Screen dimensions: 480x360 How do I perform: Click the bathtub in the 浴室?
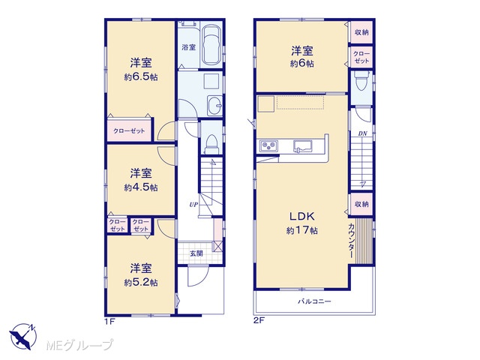coord(211,45)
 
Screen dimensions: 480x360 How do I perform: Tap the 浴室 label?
coord(188,47)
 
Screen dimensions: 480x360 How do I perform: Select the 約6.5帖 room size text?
coord(141,76)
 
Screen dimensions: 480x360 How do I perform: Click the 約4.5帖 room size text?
coord(141,187)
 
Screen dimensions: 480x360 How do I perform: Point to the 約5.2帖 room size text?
coord(141,282)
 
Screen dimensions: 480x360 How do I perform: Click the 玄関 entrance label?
coord(196,253)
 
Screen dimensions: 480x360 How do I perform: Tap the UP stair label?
coord(193,205)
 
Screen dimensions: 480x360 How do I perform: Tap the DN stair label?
coord(363,133)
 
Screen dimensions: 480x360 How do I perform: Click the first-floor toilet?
coord(211,143)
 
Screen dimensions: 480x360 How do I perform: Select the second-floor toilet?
coord(361,81)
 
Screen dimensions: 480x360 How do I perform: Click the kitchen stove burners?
coord(268,145)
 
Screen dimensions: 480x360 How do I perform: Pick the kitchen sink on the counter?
coord(302,145)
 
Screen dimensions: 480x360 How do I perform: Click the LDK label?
coord(302,217)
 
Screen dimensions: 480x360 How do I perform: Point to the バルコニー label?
coord(315,301)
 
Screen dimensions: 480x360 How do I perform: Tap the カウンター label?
coord(352,241)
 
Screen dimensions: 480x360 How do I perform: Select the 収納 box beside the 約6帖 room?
coord(361,32)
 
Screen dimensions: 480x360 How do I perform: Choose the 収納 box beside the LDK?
coord(361,204)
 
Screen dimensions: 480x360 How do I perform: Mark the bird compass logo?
coord(23,336)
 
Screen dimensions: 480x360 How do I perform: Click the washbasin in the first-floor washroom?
coord(214,106)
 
